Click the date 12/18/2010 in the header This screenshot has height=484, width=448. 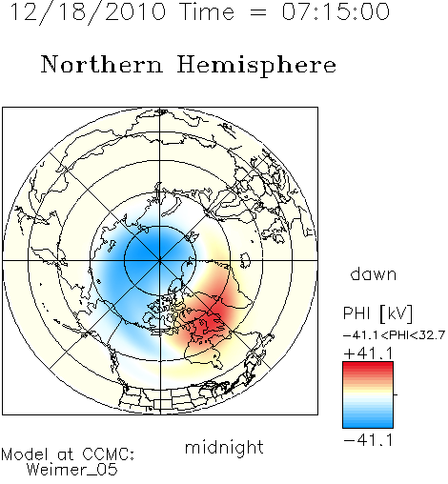point(88,12)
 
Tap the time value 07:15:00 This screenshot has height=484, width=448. point(336,11)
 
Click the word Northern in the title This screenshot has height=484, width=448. point(102,64)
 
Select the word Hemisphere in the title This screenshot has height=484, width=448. point(256,66)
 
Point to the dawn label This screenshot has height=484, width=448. point(374,273)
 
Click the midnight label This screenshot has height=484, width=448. point(224,447)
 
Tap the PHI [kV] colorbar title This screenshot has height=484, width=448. point(377,313)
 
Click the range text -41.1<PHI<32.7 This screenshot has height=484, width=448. point(394,335)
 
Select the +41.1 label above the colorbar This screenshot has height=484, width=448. point(368,353)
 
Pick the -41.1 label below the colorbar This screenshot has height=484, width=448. point(368,440)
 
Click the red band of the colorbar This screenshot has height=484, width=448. point(368,369)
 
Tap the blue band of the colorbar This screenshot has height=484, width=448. point(368,420)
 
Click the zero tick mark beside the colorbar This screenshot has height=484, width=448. point(396,394)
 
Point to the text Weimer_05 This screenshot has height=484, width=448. point(71,470)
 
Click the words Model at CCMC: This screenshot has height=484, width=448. point(68,454)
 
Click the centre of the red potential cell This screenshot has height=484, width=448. point(214,316)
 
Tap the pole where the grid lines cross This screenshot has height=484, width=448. point(160,260)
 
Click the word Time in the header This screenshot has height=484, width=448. point(207,11)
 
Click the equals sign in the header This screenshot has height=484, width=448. point(257,12)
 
